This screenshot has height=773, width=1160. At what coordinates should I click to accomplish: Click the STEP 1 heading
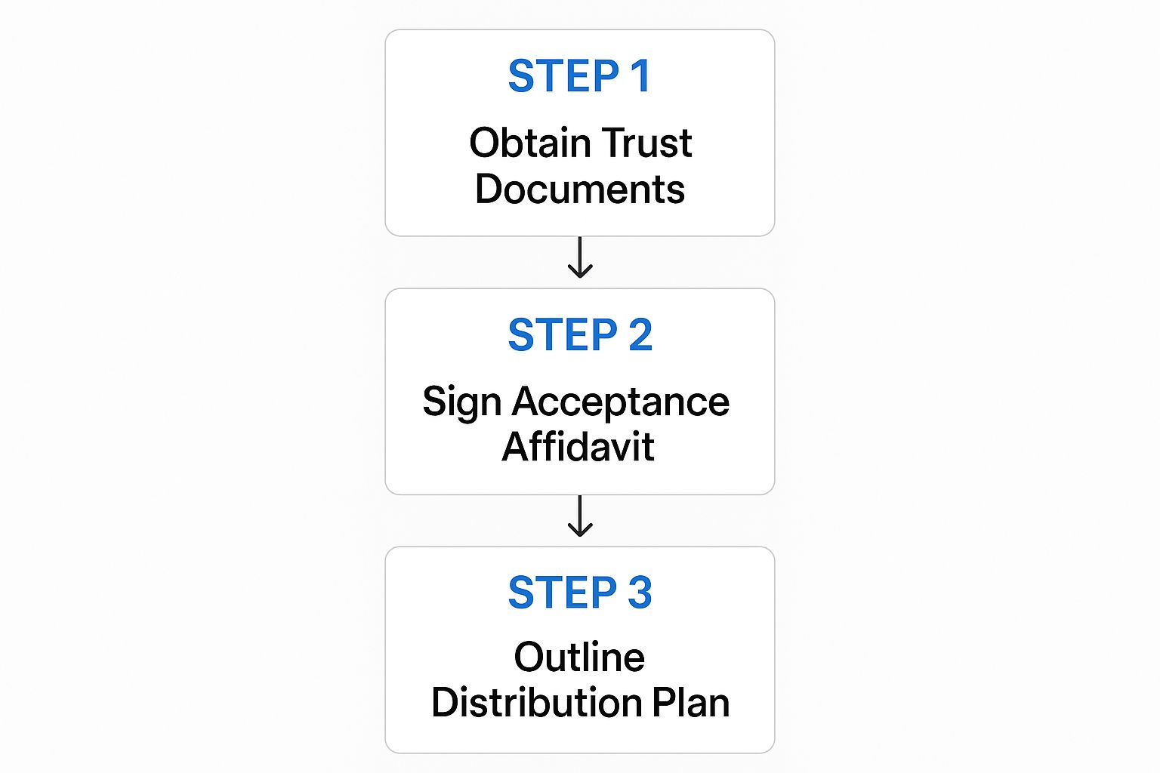pos(579,76)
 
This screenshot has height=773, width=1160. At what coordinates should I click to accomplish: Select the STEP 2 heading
pos(579,335)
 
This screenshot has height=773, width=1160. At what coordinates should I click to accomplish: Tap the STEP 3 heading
pos(579,593)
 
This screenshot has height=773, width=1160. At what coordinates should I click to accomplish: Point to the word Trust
pos(647,143)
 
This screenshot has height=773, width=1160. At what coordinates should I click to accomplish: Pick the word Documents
pos(579,189)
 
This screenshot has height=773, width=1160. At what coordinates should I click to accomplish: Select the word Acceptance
pos(621,402)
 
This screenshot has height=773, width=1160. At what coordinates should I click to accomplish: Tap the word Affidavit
pos(578,447)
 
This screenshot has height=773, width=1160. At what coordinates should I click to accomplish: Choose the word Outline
pos(579,658)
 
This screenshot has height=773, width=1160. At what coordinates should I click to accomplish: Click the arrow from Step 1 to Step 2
pos(579,258)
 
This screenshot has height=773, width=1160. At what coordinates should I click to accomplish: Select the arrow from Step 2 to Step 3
pos(579,516)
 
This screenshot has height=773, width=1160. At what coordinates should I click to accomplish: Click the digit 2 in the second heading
pos(640,335)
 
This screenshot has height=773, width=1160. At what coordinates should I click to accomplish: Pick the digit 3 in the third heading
pos(640,593)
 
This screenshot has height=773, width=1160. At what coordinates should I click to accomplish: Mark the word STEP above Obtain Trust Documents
pos(563,76)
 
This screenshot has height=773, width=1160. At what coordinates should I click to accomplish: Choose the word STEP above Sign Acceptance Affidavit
pos(563,335)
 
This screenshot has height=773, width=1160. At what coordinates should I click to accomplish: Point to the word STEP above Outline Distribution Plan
pos(563,593)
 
